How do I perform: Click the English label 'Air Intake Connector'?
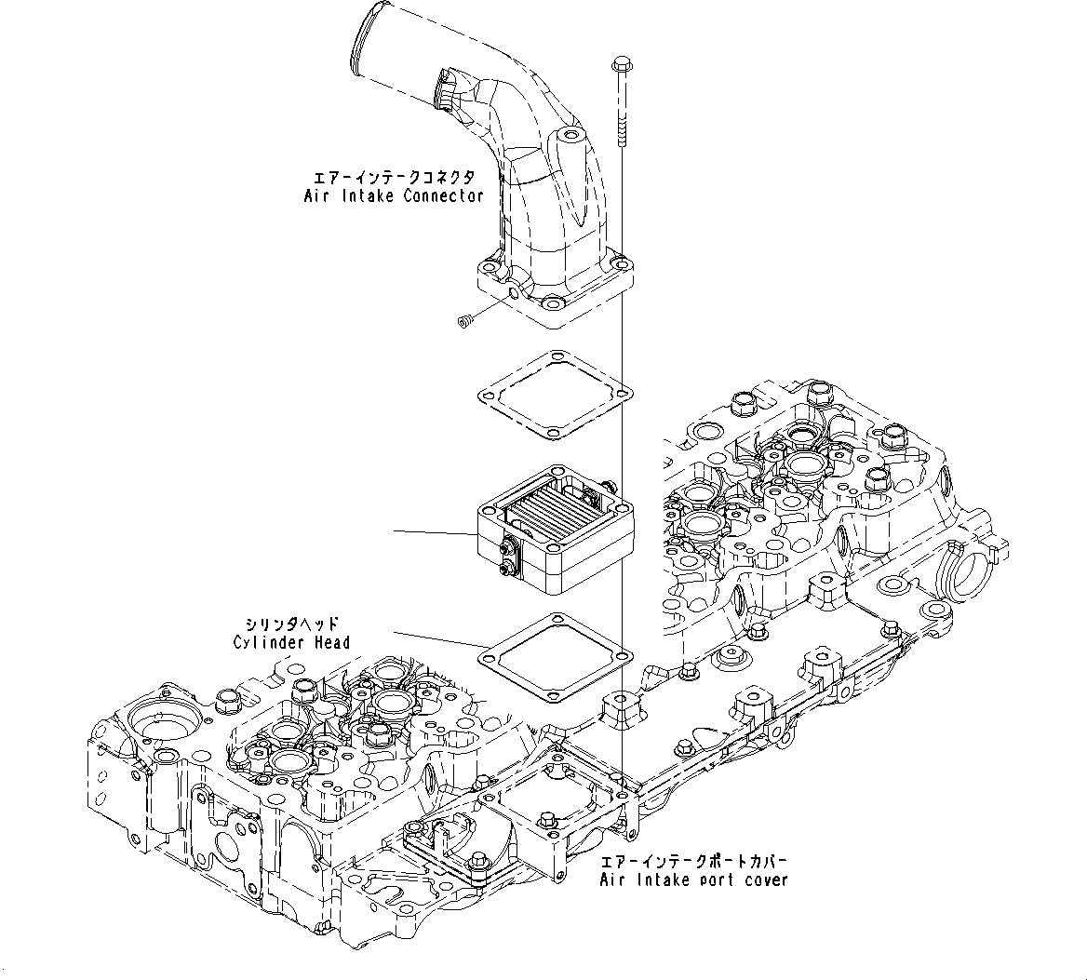[394, 196]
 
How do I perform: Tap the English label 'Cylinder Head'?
[291, 642]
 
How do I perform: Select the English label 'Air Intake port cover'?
[693, 879]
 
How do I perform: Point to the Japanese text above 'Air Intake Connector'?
[396, 177]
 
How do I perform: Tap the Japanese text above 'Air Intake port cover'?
[694, 861]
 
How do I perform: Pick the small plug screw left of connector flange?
[465, 321]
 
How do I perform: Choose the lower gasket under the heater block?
[556, 656]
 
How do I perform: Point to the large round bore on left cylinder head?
[166, 720]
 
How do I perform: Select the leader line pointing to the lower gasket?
[437, 638]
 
